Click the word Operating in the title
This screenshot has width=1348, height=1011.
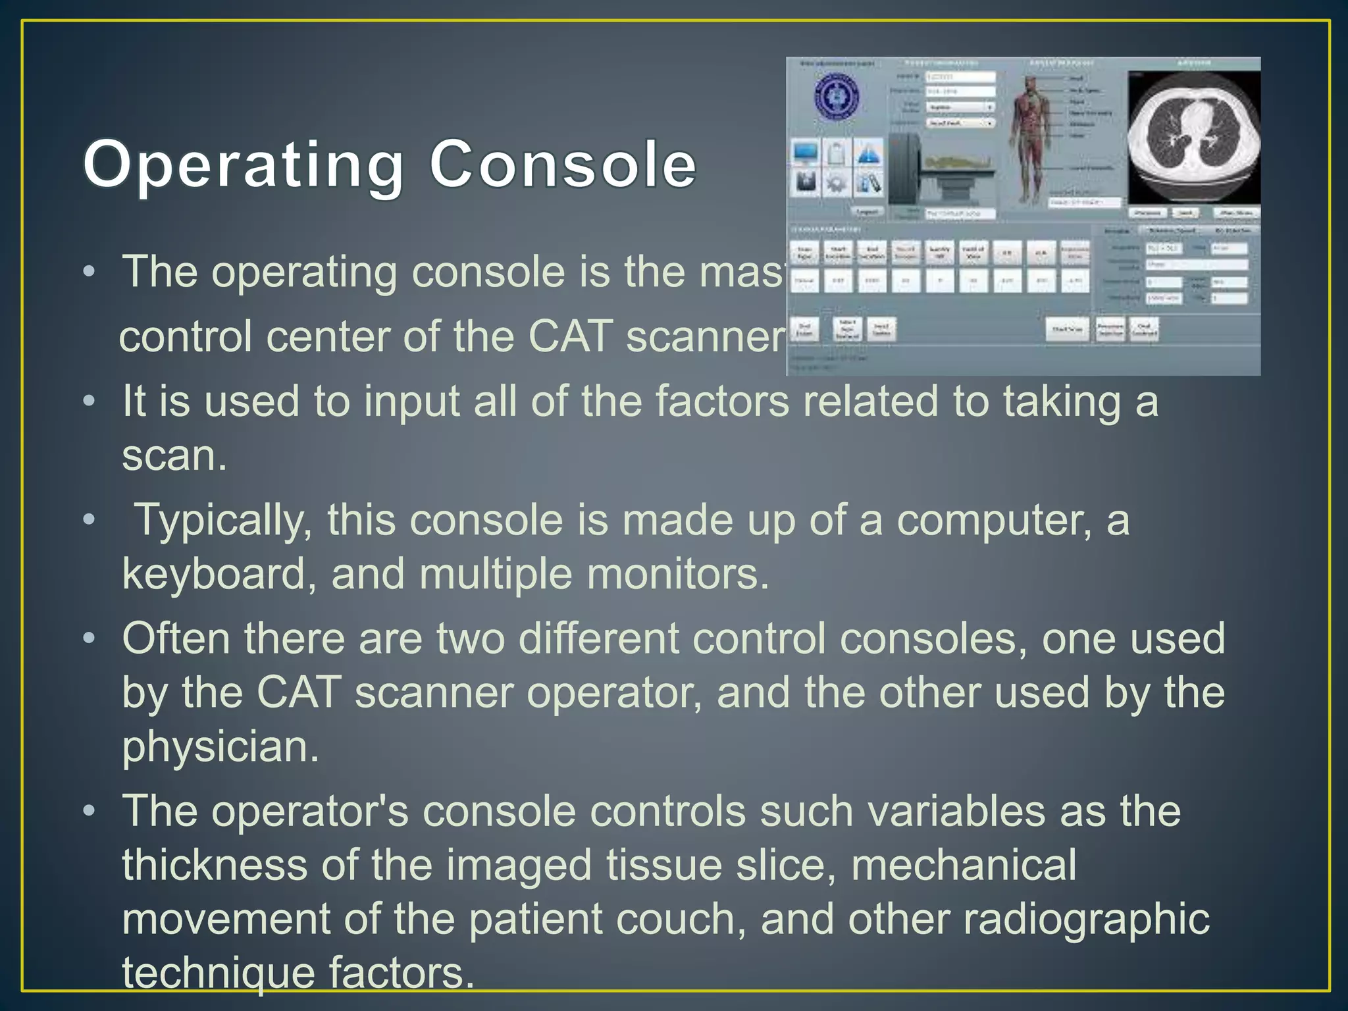[244, 165]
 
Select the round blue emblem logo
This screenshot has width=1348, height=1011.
[836, 97]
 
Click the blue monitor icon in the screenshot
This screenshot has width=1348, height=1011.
[806, 153]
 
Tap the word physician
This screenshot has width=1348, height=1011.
[220, 746]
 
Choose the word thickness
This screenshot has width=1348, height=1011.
[215, 865]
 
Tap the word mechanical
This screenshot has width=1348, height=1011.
[964, 865]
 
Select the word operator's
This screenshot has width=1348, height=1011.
[309, 811]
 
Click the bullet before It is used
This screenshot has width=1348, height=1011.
[90, 401]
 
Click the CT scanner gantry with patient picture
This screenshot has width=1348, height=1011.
[935, 170]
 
